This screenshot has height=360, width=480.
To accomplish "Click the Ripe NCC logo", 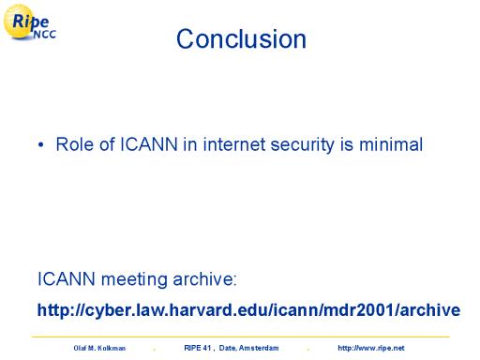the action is [30, 22].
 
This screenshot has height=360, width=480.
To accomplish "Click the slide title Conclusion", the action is [241, 39].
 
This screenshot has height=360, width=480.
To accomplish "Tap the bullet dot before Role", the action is [40, 145].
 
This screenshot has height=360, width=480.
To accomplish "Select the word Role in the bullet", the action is [74, 144].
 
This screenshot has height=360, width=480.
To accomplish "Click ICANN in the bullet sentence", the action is [149, 144].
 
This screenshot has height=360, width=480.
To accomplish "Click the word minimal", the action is [391, 144].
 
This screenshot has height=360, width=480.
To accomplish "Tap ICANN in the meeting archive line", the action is [67, 278].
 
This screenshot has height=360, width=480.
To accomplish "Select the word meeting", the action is [134, 280].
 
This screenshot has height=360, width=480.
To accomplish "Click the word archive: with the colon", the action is [204, 278].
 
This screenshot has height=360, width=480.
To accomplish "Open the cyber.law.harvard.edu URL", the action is [248, 310].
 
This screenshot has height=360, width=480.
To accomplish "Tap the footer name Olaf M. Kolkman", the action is [99, 348].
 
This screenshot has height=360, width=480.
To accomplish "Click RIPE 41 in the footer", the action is [198, 348].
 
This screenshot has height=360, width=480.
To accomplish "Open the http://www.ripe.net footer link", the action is [371, 348].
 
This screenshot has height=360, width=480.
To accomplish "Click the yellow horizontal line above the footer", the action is [240, 337].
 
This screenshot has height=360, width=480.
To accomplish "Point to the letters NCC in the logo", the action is [45, 35].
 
